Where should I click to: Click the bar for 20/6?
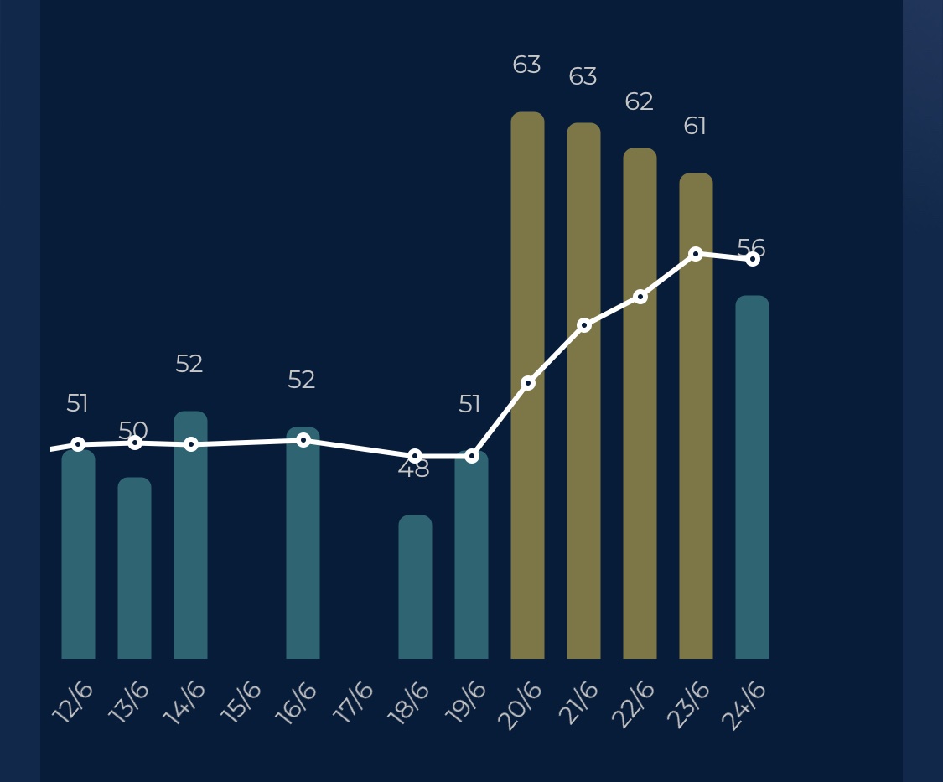(x=527, y=386)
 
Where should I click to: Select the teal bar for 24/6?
(x=752, y=477)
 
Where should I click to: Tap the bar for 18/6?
(x=415, y=587)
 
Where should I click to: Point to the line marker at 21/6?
(x=584, y=325)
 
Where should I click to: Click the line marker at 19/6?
(x=472, y=456)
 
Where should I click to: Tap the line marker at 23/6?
(x=696, y=254)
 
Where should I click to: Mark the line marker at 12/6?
(x=78, y=444)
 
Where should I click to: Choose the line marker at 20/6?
(x=528, y=383)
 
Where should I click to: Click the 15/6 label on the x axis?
(x=241, y=702)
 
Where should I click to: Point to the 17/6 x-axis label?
(x=354, y=702)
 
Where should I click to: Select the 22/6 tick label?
(x=634, y=704)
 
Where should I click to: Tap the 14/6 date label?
(x=184, y=702)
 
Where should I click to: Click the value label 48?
(x=413, y=469)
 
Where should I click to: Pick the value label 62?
(x=639, y=102)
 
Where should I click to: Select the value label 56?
(x=751, y=248)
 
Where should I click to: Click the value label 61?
(x=695, y=127)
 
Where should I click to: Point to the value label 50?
(x=132, y=431)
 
